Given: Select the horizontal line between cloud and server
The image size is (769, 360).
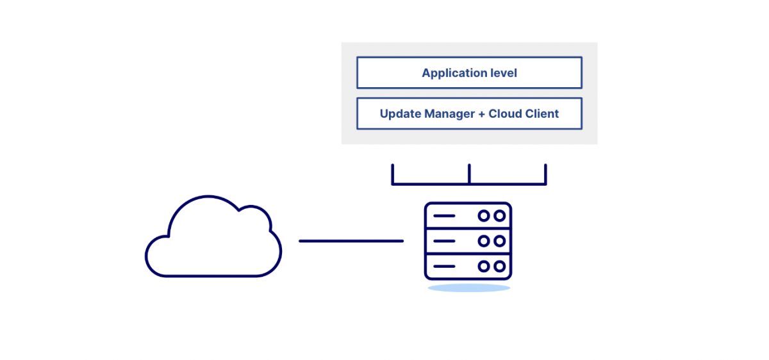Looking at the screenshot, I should pos(351,241).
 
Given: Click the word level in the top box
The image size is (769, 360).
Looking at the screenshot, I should pos(503,73).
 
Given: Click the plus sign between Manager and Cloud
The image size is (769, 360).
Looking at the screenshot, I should pos(481,114).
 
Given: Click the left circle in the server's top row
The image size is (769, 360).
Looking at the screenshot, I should pos(484,216).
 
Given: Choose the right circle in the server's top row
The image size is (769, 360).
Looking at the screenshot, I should pos(499,216).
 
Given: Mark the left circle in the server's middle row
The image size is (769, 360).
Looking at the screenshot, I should pos(484,241).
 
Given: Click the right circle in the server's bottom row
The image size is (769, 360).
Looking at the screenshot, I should pos(499,266).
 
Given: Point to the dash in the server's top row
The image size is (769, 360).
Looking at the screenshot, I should pos(444,216).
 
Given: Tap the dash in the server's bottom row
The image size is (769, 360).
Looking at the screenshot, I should pos(444,266).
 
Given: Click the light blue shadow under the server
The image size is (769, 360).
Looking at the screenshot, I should pos(468,288).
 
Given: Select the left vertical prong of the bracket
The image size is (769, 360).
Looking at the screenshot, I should pos(393,174).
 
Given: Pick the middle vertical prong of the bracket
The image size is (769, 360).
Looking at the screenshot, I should pos(469,174).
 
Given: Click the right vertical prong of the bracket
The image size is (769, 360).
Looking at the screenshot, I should pos(545,174).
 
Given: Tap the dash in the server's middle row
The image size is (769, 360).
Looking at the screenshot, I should pos(444,241).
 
